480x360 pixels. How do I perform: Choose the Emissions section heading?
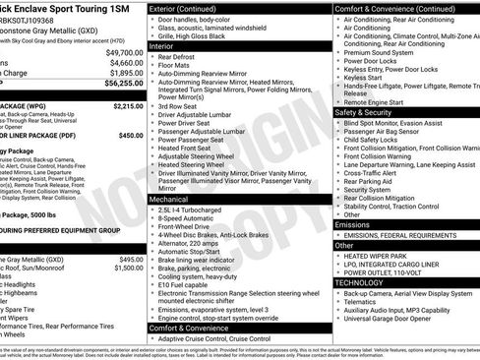point(353,225)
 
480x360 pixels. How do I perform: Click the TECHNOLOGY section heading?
point(361,282)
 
